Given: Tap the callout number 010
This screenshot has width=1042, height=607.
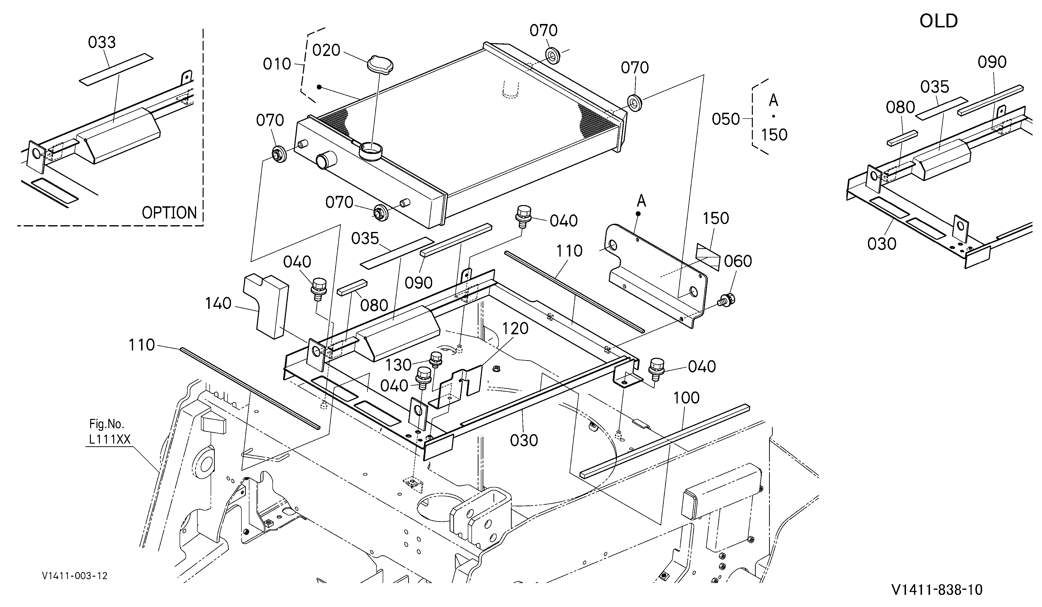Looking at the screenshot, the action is click(x=277, y=64).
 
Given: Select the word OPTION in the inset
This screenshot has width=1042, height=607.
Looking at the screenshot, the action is click(x=169, y=213).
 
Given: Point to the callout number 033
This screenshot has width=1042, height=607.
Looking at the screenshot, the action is click(x=102, y=42).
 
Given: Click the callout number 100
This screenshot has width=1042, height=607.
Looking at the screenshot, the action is click(x=686, y=398).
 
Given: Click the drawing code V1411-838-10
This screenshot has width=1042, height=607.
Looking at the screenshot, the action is click(x=937, y=590).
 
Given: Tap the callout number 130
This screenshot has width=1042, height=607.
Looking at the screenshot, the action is click(x=399, y=365).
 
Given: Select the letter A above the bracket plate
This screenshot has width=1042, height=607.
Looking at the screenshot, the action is click(x=641, y=201).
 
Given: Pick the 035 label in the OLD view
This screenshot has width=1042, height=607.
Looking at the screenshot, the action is click(x=934, y=87).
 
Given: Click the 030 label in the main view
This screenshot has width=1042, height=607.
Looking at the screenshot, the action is click(x=524, y=440).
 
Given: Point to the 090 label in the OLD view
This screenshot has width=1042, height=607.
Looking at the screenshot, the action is click(x=992, y=62).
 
